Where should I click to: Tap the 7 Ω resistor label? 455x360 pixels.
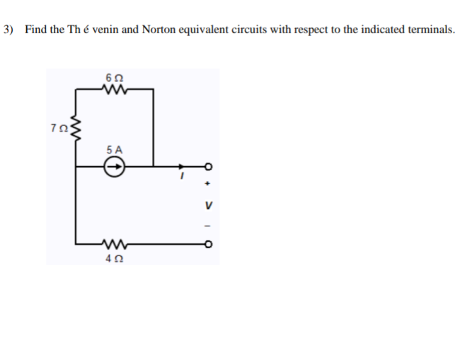click(x=58, y=129)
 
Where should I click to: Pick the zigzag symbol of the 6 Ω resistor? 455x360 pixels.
click(x=114, y=89)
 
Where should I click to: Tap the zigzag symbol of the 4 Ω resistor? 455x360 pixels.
click(x=113, y=245)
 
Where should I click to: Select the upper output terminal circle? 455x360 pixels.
click(x=208, y=168)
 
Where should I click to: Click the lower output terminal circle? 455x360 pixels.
click(x=208, y=245)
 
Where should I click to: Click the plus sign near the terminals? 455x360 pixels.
click(x=208, y=185)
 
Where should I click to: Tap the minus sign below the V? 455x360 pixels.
click(x=208, y=227)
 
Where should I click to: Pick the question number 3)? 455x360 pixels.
click(x=8, y=30)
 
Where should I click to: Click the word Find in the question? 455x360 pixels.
click(x=35, y=30)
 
